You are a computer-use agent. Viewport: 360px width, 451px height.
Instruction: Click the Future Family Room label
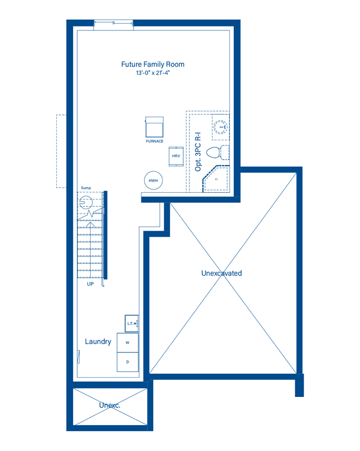pos(153,64)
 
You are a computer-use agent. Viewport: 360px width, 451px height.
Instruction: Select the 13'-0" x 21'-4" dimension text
pos(153,73)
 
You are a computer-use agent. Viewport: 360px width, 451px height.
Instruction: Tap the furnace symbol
pos(154,127)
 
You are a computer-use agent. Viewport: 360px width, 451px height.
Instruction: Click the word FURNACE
pos(155,142)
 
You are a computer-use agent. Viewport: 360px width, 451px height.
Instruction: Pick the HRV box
pos(176,156)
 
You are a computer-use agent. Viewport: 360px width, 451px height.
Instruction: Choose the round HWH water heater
pos(153,180)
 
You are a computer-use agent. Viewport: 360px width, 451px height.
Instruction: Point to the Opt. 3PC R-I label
pos(198,152)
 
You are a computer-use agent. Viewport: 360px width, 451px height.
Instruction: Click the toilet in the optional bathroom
pos(217,152)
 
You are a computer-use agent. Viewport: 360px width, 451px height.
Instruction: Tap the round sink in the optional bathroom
pos(221,127)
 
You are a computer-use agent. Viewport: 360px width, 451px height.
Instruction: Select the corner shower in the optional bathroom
pos(216,179)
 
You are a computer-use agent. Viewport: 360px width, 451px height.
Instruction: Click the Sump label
pos(86,188)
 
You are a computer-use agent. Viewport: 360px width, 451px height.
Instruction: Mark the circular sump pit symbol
pos(86,202)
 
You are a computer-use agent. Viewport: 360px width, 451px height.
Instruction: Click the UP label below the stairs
pos(90,284)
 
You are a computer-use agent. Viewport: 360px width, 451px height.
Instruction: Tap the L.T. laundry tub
pos(132,323)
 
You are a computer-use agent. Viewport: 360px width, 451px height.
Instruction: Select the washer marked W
pos(128,343)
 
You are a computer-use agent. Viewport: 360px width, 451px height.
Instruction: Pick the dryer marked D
pos(128,362)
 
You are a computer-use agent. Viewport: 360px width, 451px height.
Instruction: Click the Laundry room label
pos(98,342)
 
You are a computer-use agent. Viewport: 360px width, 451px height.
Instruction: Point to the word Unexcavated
pos(222,273)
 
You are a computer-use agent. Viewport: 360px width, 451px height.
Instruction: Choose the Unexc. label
pos(110,405)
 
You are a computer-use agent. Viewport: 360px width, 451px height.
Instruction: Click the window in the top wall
pos(114,23)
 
